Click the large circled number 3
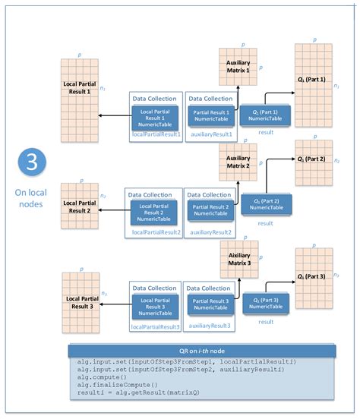(x=30, y=165)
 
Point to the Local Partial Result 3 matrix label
(x=79, y=302)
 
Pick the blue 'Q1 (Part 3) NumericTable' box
(x=265, y=304)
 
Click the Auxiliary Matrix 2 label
(x=238, y=162)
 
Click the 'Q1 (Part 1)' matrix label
(x=311, y=80)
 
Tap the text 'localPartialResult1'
(x=156, y=134)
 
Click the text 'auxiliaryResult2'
(x=210, y=232)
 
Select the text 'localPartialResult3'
(x=156, y=326)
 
